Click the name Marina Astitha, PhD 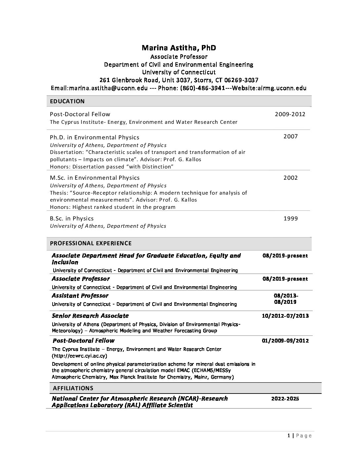tap(179, 48)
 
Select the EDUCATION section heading tap(67, 101)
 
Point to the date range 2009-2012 tap(290, 114)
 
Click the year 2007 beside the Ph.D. tap(291, 136)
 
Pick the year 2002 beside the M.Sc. tap(291, 178)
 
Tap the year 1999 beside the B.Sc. tap(291, 218)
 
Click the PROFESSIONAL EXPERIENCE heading tap(91, 243)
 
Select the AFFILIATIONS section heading tap(73, 388)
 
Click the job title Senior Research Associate tap(90, 315)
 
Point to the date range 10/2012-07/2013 tap(285, 315)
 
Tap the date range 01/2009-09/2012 tap(285, 341)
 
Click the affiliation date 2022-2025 tap(285, 398)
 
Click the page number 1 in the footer tap(289, 436)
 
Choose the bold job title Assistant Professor tap(80, 296)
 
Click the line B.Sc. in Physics tap(71, 218)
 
